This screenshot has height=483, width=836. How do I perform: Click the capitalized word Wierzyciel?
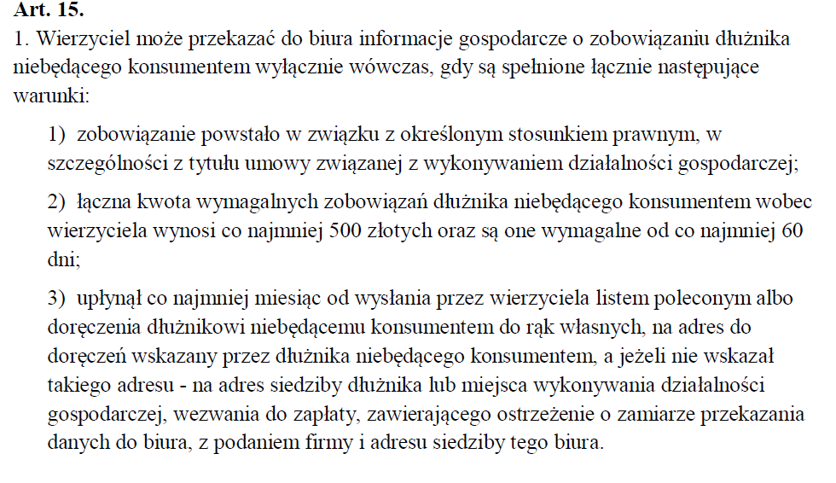click(x=73, y=39)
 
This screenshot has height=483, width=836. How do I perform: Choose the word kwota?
click(x=150, y=201)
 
